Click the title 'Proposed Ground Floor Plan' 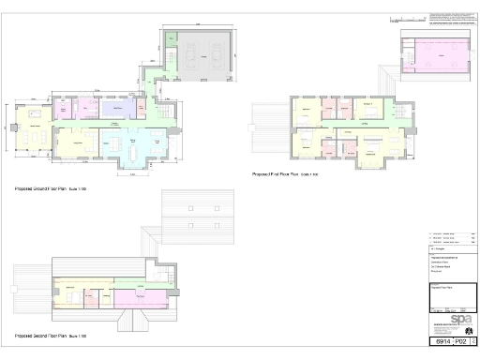tap(51, 189)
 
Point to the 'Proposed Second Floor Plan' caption tap(51, 335)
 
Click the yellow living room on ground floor tap(78, 144)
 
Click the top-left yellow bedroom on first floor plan tap(308, 112)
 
